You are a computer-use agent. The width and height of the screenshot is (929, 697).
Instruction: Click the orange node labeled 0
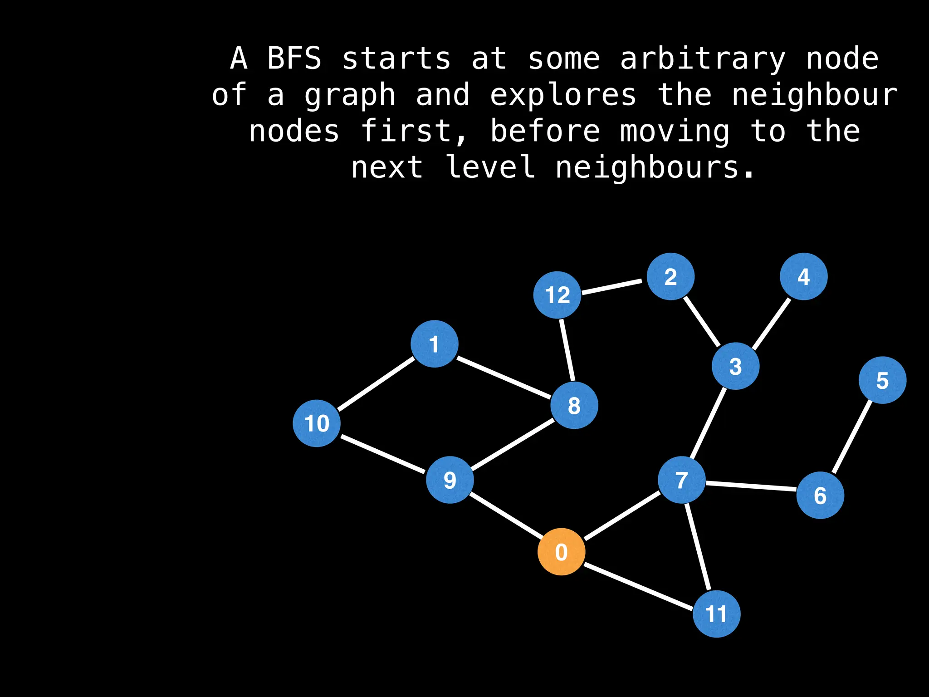pos(561,552)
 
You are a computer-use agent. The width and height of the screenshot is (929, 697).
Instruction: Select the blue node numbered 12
pos(557,295)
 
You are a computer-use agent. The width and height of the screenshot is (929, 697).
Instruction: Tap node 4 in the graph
pos(803,276)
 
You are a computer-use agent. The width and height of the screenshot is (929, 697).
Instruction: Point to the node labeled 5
pos(882,380)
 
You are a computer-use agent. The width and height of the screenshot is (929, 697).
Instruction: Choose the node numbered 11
pos(716,614)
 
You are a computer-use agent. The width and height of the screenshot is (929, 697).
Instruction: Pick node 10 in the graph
pos(317,423)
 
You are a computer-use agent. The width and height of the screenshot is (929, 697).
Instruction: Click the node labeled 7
pos(681,480)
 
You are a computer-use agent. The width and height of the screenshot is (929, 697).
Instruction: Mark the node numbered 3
pos(735,366)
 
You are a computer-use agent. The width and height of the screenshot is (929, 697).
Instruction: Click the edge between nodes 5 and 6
pos(852,437)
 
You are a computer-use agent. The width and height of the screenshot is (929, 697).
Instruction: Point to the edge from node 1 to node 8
pos(504,378)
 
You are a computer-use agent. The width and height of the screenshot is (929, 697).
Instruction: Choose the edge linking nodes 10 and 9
pos(383,454)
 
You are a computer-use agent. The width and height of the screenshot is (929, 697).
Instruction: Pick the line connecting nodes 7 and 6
pos(751,486)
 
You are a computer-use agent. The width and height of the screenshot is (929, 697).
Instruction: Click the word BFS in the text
pos(294,59)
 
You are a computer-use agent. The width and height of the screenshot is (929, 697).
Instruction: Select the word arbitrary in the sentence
pos(703,59)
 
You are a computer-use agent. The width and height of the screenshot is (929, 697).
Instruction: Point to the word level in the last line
pos(490,167)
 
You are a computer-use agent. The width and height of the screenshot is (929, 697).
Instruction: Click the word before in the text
pos(545,131)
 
